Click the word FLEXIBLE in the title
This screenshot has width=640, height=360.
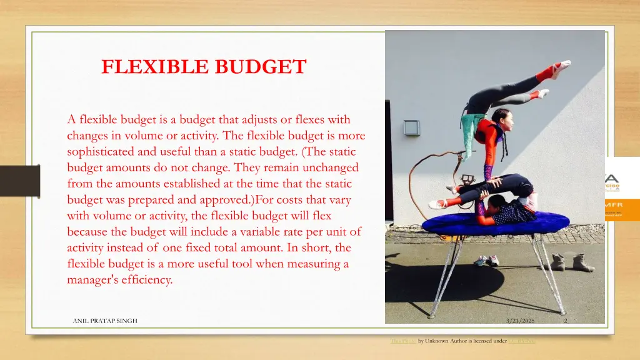[x=149, y=67]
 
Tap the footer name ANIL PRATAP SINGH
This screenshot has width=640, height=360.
[x=105, y=321]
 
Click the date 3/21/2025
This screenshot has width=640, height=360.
[x=521, y=321]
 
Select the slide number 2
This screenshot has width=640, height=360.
[x=565, y=321]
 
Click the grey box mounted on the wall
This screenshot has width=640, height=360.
[x=411, y=127]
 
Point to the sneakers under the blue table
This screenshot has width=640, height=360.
[x=486, y=260]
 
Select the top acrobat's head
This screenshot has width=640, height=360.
[x=499, y=116]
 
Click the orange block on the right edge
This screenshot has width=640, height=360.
[x=622, y=209]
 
